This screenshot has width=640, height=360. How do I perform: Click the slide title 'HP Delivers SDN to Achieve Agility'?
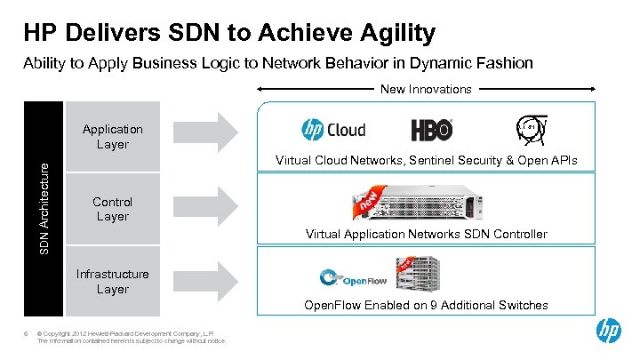(x=229, y=34)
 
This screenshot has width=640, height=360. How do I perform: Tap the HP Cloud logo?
(x=333, y=130)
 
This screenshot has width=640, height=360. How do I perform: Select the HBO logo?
(x=432, y=130)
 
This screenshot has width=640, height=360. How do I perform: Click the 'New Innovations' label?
(x=426, y=89)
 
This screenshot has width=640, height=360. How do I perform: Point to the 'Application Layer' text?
(x=112, y=137)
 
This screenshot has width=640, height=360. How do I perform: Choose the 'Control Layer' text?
(x=112, y=209)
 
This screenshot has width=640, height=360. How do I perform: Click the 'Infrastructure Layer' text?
(x=112, y=281)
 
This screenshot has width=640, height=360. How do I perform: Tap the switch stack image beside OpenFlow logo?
(x=421, y=271)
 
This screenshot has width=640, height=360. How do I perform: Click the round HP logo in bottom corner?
(x=608, y=332)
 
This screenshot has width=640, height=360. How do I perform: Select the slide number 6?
(x=26, y=334)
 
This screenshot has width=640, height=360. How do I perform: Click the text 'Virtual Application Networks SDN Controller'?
(x=426, y=235)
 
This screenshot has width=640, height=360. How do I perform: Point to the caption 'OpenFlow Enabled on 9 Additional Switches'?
(x=426, y=305)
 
